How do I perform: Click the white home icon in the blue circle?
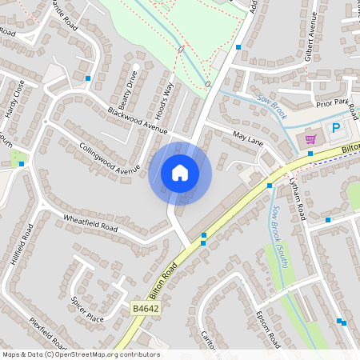click(180, 173)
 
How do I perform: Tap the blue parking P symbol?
click(336, 129)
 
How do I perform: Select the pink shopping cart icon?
click(310, 139)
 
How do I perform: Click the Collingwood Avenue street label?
click(110, 158)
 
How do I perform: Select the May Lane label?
click(248, 137)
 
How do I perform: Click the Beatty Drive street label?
click(128, 90)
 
